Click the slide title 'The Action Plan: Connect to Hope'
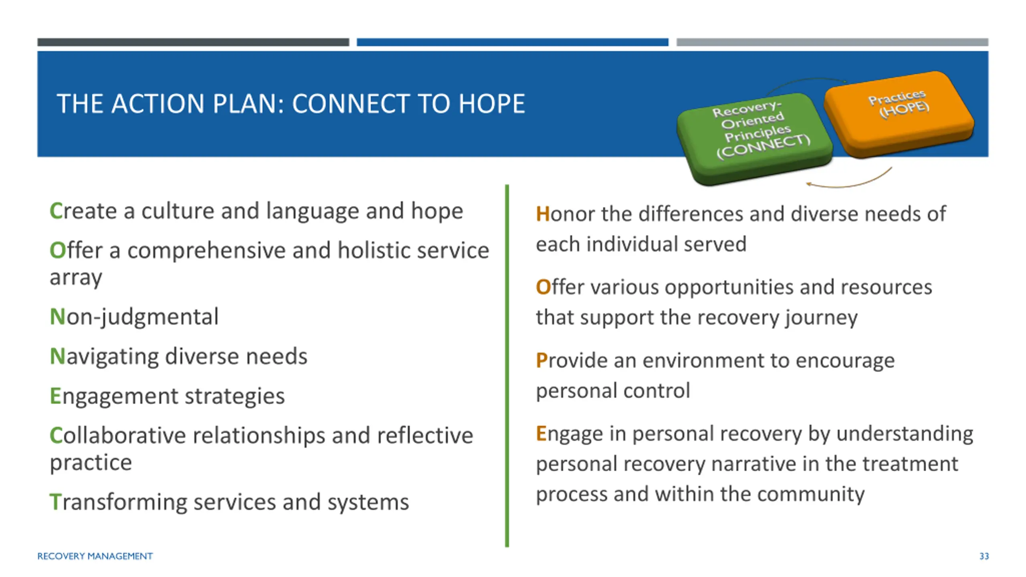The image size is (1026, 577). click(x=291, y=104)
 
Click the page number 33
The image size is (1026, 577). click(x=984, y=556)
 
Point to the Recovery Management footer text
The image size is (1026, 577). click(x=95, y=556)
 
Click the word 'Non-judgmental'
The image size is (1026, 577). click(x=134, y=317)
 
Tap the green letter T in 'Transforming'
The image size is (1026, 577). click(x=55, y=502)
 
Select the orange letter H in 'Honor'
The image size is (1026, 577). click(x=543, y=214)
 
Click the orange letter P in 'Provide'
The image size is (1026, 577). click(x=541, y=360)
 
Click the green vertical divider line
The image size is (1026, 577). click(x=507, y=366)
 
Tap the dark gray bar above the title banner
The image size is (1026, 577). click(x=193, y=42)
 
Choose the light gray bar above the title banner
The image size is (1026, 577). click(x=832, y=42)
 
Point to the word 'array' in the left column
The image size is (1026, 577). click(x=76, y=278)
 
